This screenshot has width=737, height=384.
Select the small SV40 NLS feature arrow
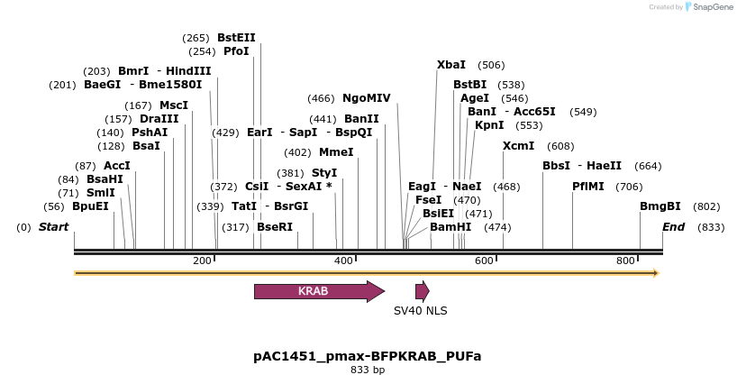pyautogui.click(x=422, y=291)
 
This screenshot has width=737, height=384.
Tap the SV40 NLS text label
pyautogui.click(x=420, y=311)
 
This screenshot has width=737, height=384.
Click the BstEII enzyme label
pyautogui.click(x=236, y=38)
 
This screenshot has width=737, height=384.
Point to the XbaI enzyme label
pyautogui.click(x=451, y=65)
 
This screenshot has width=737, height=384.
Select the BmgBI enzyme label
pyautogui.click(x=660, y=206)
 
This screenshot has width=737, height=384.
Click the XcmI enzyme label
pyautogui.click(x=518, y=146)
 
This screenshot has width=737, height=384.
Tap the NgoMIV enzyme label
pyautogui.click(x=367, y=98)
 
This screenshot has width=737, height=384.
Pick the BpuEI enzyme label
pyautogui.click(x=90, y=206)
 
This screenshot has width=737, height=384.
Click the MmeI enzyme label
pyautogui.click(x=336, y=152)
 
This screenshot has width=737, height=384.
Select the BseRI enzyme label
pyautogui.click(x=275, y=227)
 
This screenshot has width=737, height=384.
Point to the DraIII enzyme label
pyautogui.click(x=159, y=119)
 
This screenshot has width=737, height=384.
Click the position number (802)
pyautogui.click(x=706, y=206)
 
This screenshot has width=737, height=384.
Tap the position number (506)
pyautogui.click(x=491, y=65)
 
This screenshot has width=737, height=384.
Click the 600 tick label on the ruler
pyautogui.click(x=485, y=261)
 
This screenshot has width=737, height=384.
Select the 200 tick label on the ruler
pyautogui.click(x=202, y=261)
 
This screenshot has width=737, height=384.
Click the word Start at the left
pyautogui.click(x=53, y=227)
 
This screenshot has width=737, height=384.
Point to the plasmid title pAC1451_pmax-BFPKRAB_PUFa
pyautogui.click(x=368, y=356)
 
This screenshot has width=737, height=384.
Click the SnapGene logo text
pyautogui.click(x=714, y=7)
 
